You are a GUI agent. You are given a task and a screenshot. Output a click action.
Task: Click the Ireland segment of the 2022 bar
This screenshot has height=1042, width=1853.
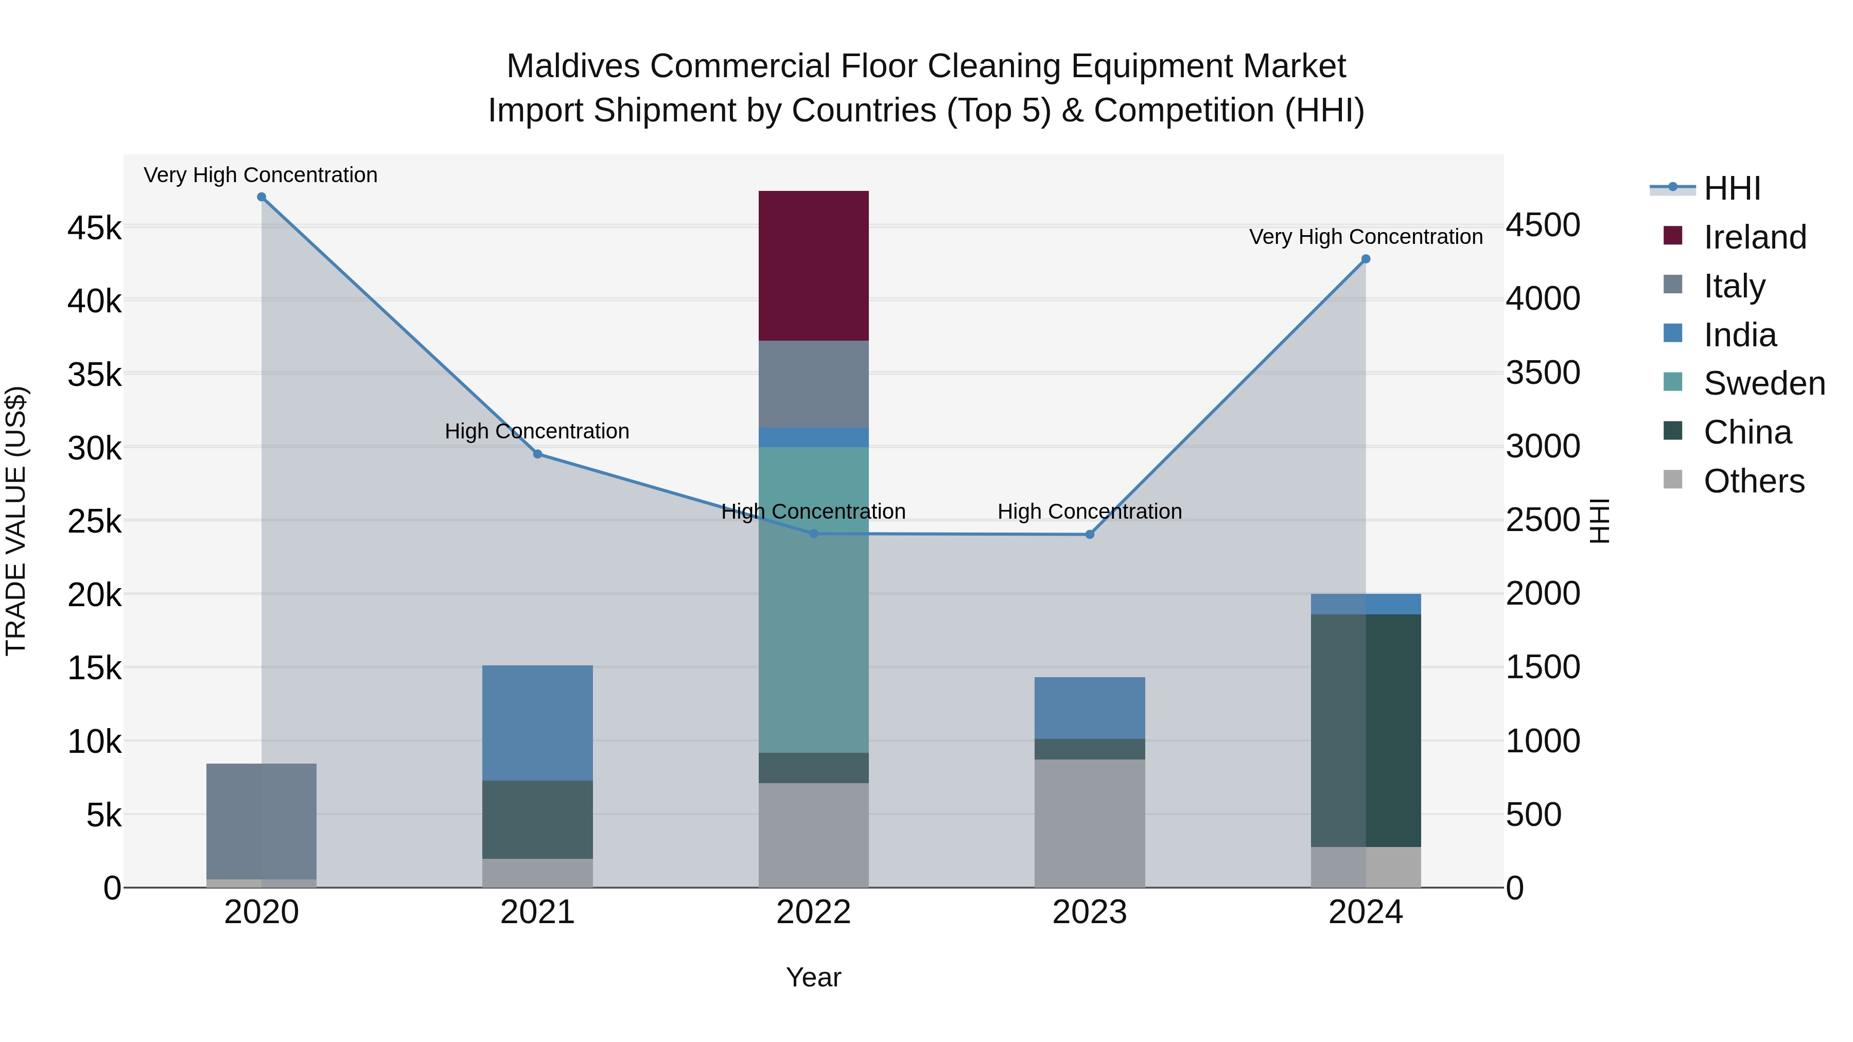pyautogui.click(x=814, y=266)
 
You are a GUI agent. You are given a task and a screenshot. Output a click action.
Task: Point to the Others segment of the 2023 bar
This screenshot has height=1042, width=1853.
pyautogui.click(x=1089, y=823)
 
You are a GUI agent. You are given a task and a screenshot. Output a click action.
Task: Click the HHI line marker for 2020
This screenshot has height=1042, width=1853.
pyautogui.click(x=261, y=197)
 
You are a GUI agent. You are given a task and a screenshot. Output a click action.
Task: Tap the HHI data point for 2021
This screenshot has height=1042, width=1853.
pyautogui.click(x=537, y=454)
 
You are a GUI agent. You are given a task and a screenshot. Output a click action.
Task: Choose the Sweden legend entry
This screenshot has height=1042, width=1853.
pyautogui.click(x=1764, y=383)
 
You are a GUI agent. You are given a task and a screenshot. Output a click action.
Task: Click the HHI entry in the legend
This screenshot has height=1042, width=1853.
pyautogui.click(x=1732, y=188)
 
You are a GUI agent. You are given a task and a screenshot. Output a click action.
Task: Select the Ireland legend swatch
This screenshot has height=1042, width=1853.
pyautogui.click(x=1673, y=236)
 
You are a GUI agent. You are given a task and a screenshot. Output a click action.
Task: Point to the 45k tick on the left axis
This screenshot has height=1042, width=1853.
pyautogui.click(x=94, y=228)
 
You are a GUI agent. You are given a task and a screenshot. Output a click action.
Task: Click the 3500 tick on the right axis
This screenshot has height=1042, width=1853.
pyautogui.click(x=1543, y=373)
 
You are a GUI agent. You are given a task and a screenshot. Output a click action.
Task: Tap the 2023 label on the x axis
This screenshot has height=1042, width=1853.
pyautogui.click(x=1089, y=912)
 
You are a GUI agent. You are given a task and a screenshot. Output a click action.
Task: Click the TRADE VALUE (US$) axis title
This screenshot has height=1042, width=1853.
pyautogui.click(x=16, y=521)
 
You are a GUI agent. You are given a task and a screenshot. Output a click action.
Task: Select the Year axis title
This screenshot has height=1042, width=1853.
pyautogui.click(x=814, y=977)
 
